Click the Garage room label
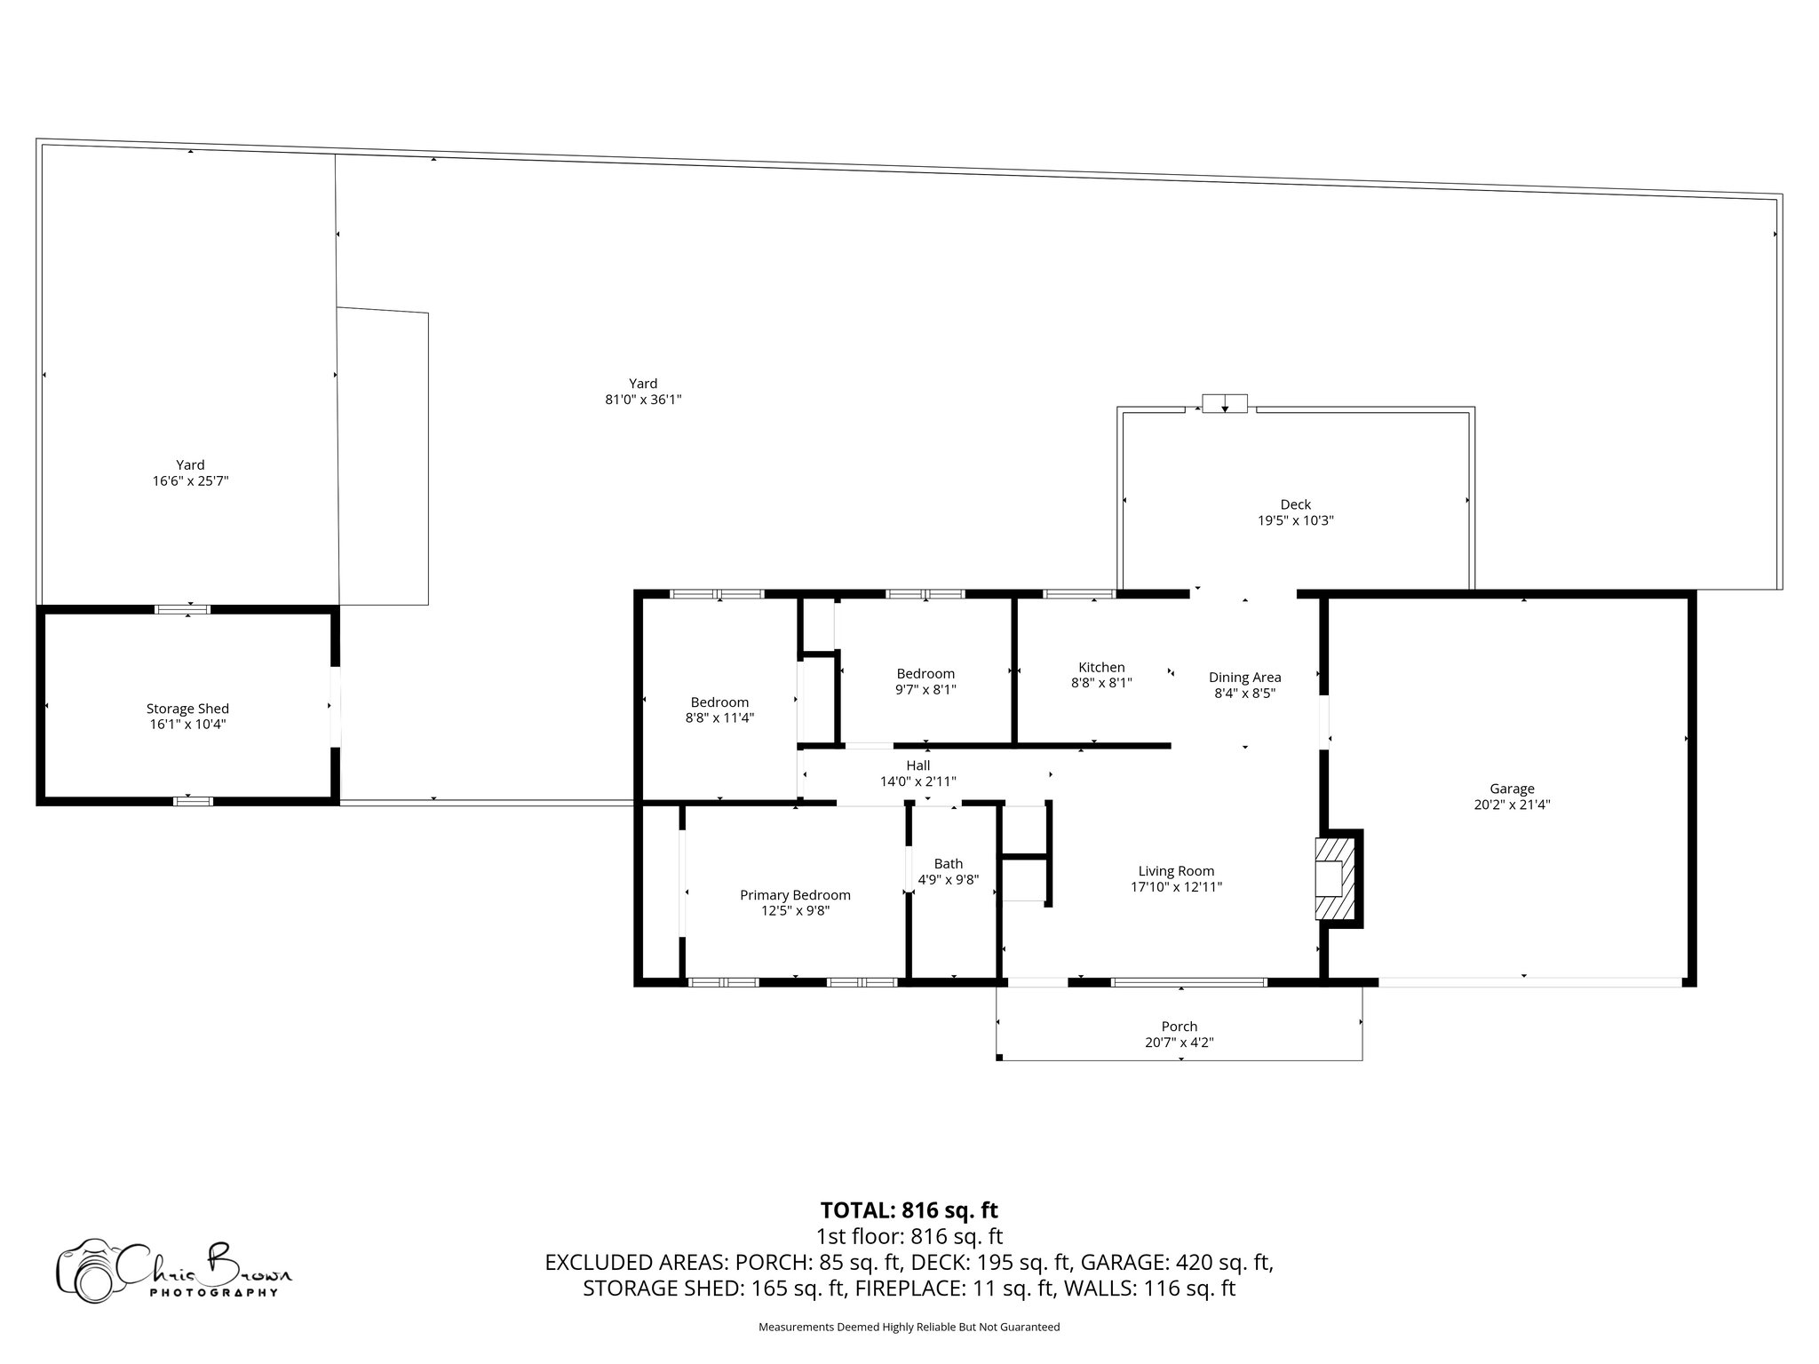(x=1512, y=789)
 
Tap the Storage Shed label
(x=187, y=709)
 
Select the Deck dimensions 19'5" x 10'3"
(x=1295, y=521)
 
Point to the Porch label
(x=1179, y=1027)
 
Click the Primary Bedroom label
(x=795, y=895)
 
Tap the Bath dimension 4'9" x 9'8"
(x=948, y=880)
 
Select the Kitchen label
(x=1101, y=668)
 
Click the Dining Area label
(x=1244, y=678)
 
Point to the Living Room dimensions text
(x=1176, y=887)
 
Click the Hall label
(x=917, y=765)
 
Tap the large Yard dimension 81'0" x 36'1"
(x=643, y=400)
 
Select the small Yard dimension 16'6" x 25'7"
(x=190, y=481)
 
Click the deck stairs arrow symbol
(x=1225, y=404)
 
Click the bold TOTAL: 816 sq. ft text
(x=909, y=1210)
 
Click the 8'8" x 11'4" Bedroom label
(x=719, y=702)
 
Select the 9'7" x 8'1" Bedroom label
(x=925, y=674)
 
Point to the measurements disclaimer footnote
(x=909, y=1328)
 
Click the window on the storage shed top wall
(x=182, y=609)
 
